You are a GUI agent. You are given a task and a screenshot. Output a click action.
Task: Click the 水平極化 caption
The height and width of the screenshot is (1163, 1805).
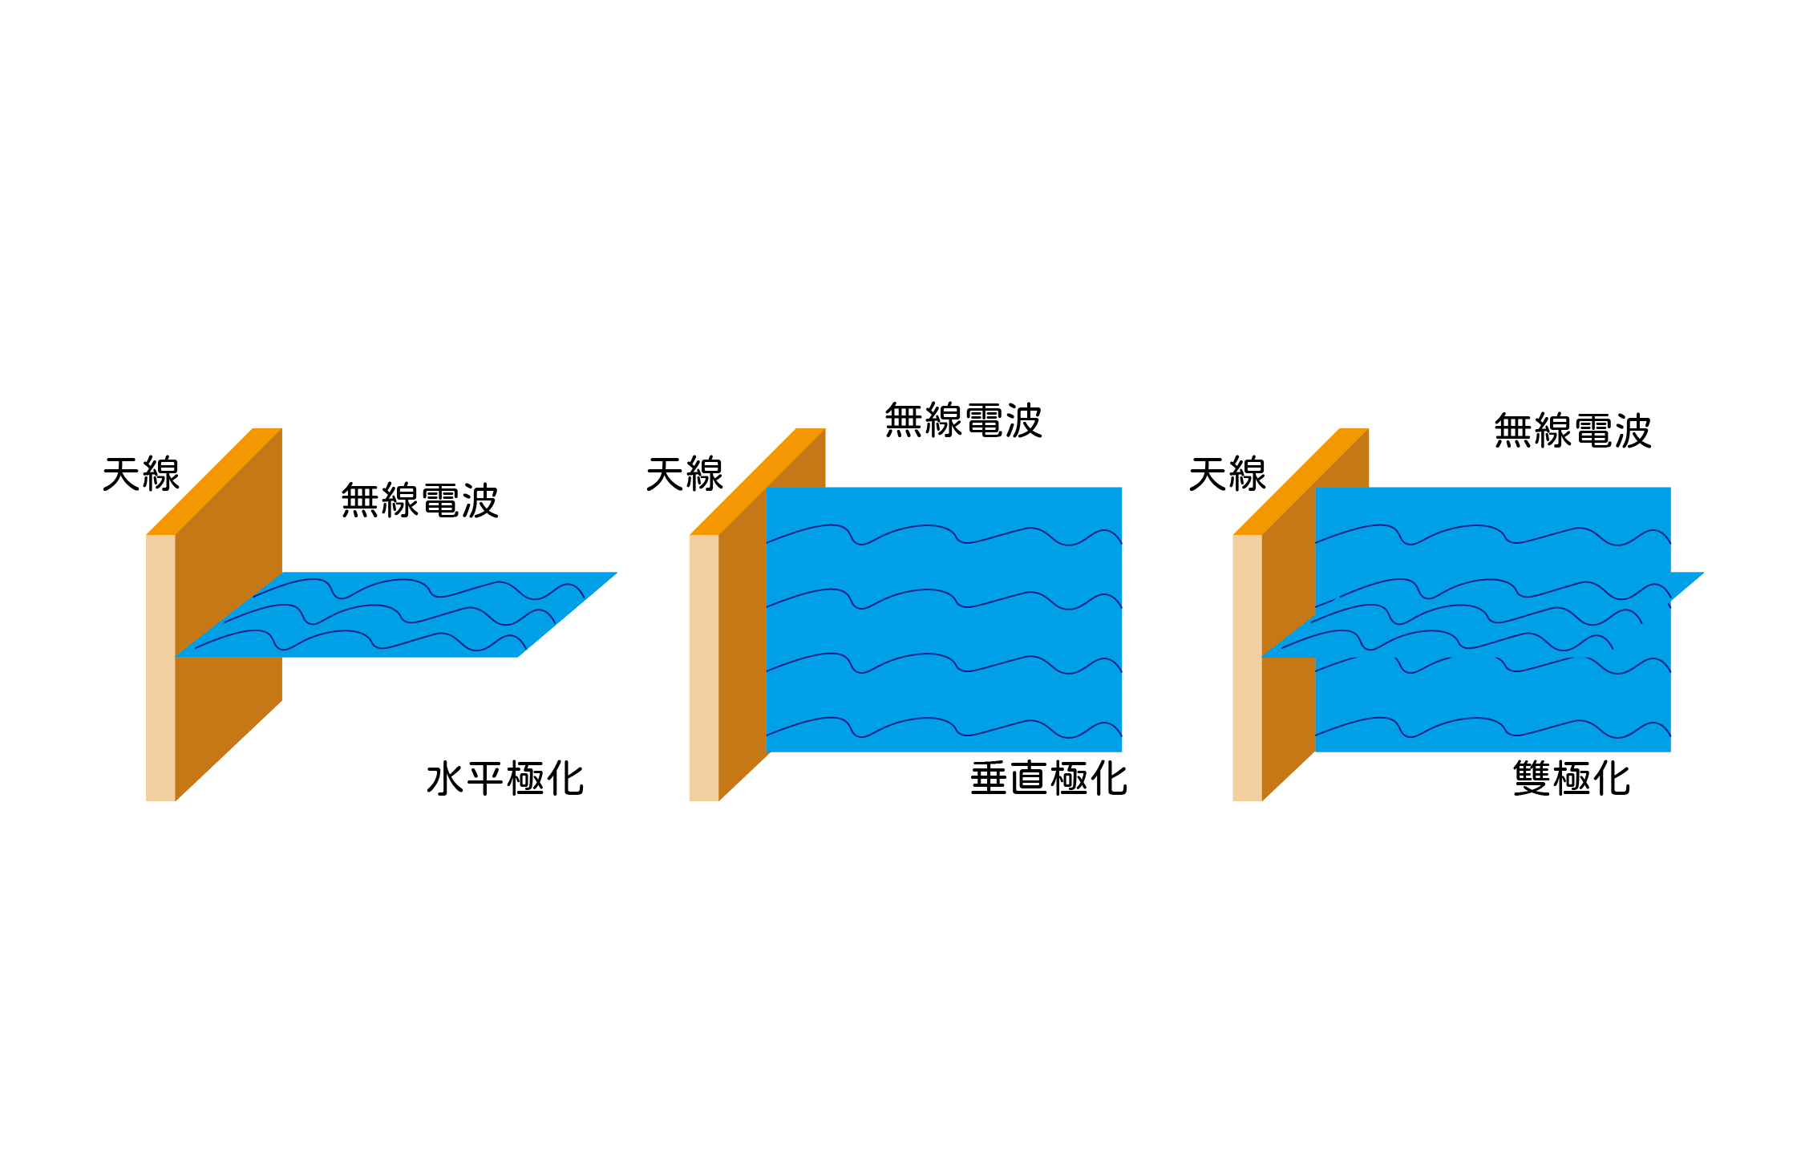tap(505, 779)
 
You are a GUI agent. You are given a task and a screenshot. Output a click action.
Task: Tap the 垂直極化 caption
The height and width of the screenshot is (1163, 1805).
tap(1049, 779)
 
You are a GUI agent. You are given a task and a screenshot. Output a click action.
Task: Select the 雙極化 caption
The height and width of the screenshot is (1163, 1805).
tap(1572, 779)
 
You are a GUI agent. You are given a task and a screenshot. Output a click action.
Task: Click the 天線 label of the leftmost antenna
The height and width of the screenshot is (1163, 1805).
tap(141, 474)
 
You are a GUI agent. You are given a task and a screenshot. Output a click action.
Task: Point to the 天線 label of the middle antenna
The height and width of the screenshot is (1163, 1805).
tap(685, 474)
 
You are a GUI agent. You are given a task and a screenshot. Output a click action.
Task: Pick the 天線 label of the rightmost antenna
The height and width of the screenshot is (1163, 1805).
tap(1228, 474)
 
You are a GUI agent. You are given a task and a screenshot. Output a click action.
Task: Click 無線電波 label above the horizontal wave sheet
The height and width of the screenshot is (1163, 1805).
tap(420, 500)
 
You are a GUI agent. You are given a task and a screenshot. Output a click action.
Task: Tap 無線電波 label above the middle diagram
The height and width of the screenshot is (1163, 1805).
tap(963, 420)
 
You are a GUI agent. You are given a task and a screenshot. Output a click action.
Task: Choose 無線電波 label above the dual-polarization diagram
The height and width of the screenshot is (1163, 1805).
tap(1572, 431)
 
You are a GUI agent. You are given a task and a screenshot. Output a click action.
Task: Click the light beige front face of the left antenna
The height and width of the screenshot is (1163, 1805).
tap(160, 667)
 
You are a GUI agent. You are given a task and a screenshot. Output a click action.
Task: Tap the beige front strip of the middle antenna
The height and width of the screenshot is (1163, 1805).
tap(704, 667)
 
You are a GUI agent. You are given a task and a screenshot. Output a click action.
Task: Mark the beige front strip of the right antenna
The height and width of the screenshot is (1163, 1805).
tap(1247, 667)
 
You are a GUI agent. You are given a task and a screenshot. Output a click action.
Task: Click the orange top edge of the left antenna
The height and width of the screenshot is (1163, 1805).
tap(214, 481)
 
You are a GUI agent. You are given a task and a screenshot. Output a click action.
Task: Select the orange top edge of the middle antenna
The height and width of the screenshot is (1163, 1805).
tap(758, 481)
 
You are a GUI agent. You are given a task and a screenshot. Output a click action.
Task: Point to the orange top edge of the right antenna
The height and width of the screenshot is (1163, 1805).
tap(1301, 481)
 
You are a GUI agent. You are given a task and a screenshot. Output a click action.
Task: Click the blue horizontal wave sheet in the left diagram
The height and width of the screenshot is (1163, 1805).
tap(396, 615)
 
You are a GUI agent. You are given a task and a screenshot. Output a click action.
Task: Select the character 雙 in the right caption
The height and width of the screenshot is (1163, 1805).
tap(1532, 779)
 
